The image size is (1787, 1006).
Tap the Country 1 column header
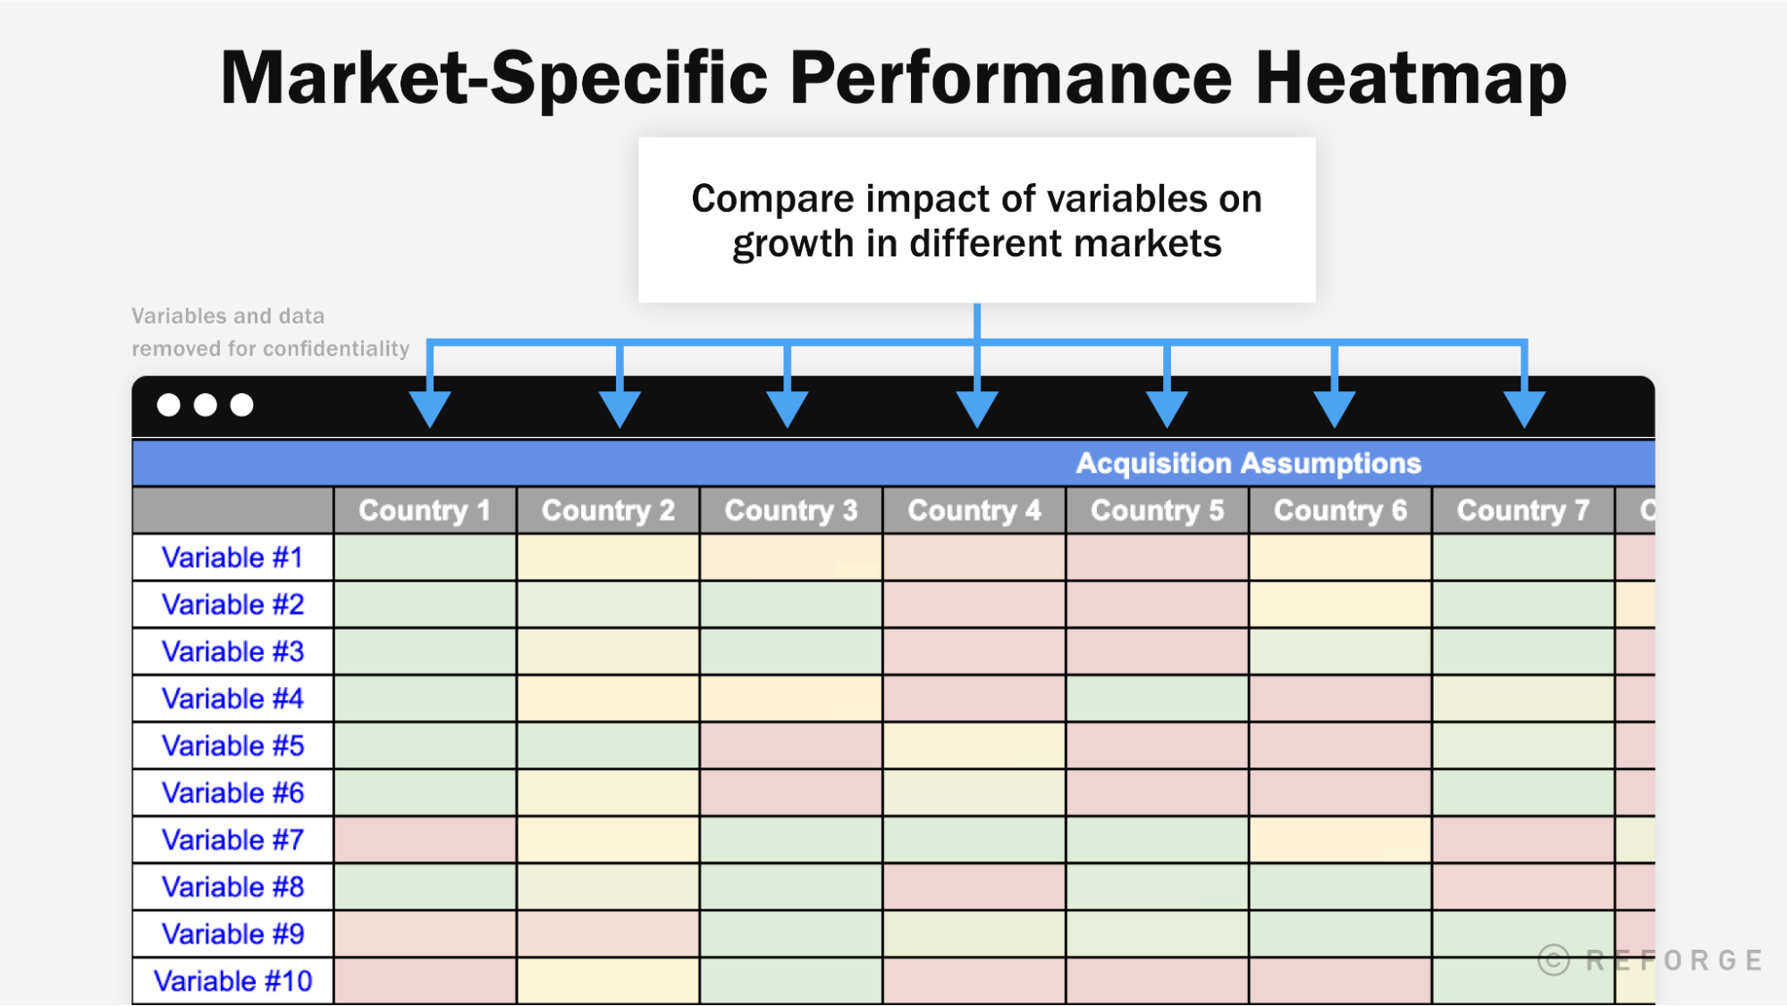425,510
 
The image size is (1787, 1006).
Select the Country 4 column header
974,510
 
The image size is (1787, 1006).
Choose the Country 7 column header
1522,510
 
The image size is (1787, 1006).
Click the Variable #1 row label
232,557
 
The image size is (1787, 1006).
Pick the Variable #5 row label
232,746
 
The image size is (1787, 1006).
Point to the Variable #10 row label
232,981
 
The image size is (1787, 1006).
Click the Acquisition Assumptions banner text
1248,463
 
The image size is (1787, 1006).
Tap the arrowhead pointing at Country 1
430,408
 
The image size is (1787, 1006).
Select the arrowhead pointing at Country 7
1524,408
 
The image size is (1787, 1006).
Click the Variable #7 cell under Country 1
425,840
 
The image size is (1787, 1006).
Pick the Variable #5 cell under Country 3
791,746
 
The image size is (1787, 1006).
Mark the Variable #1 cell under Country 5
1157,557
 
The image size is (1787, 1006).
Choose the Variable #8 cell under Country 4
974,887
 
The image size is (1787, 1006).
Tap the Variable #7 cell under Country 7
1522,840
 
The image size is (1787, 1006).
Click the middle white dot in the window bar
205,406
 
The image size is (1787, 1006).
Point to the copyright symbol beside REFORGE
1554,960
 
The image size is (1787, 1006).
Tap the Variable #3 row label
232,652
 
